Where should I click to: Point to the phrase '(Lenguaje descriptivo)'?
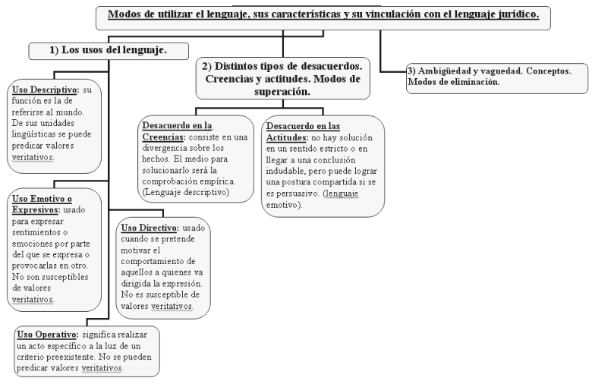(x=185, y=194)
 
